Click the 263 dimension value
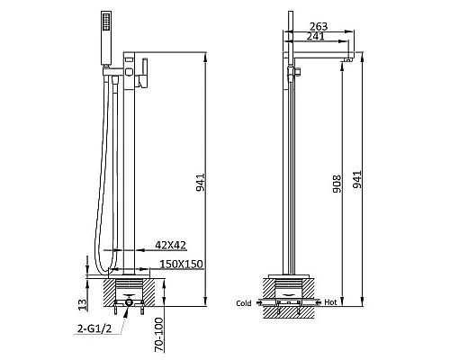[319, 26]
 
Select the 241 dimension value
[316, 36]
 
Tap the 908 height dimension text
[337, 184]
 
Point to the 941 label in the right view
[357, 179]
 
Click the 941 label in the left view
[201, 182]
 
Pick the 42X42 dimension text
[170, 245]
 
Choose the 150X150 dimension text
[181, 265]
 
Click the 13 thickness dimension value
[83, 304]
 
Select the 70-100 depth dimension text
[158, 335]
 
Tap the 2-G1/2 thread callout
[94, 328]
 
